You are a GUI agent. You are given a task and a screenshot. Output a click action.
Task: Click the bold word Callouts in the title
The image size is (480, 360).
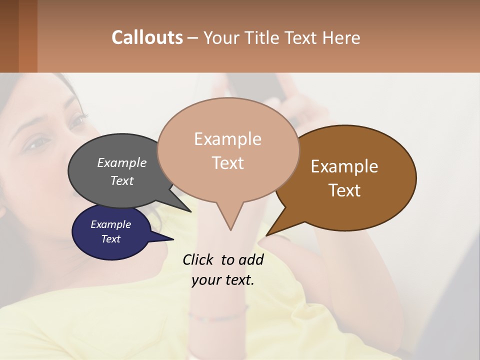[147, 37]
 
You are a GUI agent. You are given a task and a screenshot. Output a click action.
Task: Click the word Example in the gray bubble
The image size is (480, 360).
[121, 162]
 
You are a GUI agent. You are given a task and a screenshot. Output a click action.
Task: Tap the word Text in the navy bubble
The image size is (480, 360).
[110, 239]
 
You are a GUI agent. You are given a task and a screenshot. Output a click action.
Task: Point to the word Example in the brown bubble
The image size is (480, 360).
[344, 166]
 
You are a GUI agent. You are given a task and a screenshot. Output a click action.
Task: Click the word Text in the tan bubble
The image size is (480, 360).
[227, 163]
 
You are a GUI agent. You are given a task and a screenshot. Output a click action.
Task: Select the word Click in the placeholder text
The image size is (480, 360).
[198, 259]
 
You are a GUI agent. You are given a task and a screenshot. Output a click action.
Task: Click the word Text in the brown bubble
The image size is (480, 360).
[344, 190]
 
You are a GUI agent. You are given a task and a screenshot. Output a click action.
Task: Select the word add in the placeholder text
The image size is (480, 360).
[250, 259]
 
